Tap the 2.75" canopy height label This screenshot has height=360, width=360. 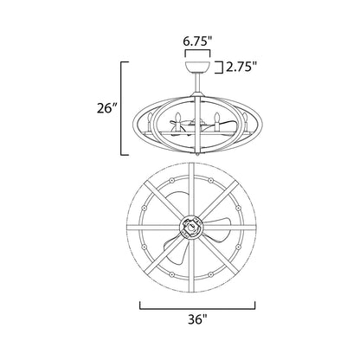(241, 67)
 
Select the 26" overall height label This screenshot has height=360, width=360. (106, 109)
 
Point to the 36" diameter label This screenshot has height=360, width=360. (198, 319)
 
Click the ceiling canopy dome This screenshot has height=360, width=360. (197, 67)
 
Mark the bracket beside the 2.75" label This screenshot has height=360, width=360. (219, 67)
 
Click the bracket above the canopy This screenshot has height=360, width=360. (197, 54)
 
